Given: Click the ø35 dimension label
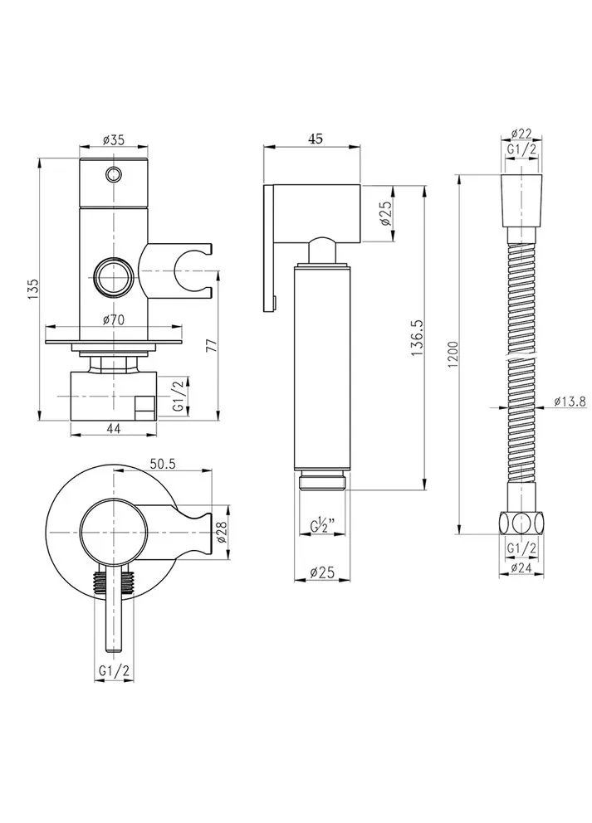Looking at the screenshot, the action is (113, 139).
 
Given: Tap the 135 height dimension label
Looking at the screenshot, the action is (33, 288).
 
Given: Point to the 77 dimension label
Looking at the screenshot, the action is (210, 345).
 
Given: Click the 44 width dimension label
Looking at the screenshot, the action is (114, 428).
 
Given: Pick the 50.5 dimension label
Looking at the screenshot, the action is (162, 464).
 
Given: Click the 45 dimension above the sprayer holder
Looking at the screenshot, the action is (316, 139).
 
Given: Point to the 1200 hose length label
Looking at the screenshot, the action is (454, 355).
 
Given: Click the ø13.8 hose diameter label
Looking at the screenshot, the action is (570, 402).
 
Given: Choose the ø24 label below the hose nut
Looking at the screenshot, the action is (521, 567).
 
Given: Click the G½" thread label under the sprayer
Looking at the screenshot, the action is (320, 525).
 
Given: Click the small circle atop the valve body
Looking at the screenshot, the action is (113, 173).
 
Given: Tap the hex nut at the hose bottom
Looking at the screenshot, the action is (521, 524).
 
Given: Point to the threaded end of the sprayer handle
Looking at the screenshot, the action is (321, 482).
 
